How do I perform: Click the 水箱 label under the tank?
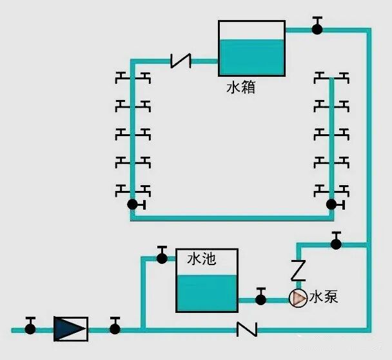240,87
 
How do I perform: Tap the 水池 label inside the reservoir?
201,259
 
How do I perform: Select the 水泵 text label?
324,297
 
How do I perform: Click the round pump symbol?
297,299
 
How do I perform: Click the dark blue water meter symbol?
70,328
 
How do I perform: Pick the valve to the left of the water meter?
30,328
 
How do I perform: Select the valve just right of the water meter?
115,328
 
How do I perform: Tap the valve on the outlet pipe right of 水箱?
317,28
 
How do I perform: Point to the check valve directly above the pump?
298,270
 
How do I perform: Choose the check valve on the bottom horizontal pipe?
246,329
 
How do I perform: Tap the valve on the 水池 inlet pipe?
162,257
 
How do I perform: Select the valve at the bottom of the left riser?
133,205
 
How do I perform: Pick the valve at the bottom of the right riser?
331,205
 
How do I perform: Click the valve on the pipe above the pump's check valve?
335,243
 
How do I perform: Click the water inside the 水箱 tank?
251,57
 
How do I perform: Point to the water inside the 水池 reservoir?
207,292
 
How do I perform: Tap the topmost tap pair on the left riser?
132,79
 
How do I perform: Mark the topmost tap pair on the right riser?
331,79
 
